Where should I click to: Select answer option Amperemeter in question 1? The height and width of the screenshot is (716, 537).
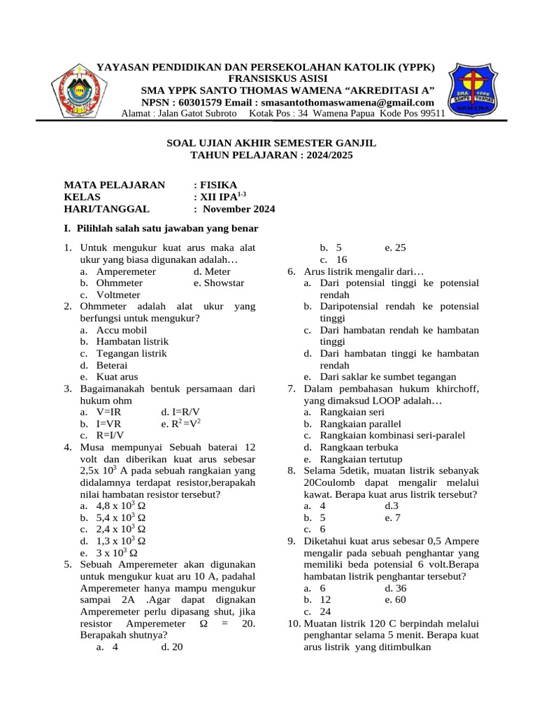click(x=127, y=271)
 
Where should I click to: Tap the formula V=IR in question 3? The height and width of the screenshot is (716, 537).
click(x=109, y=412)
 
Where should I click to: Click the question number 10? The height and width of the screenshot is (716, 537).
click(x=294, y=624)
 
